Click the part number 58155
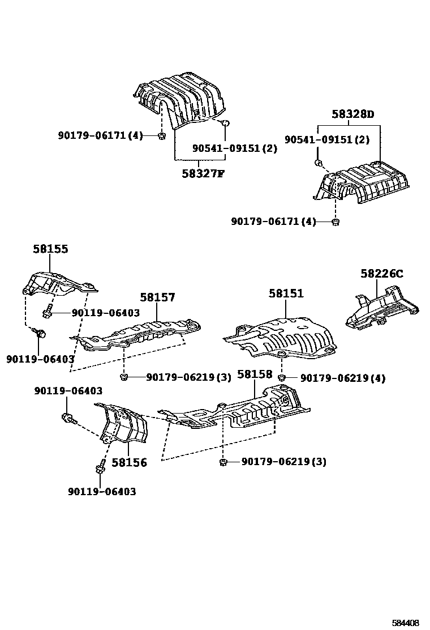tap(50, 249)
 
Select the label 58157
tap(158, 297)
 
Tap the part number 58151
tap(286, 293)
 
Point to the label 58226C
tap(382, 274)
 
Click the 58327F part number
tap(203, 173)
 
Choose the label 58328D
tap(353, 114)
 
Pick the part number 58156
tap(129, 462)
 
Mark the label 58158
tap(255, 374)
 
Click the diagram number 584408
tap(406, 623)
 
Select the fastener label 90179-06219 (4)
tap(343, 378)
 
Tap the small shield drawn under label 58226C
tap(382, 309)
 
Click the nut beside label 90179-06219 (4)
tap(281, 377)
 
